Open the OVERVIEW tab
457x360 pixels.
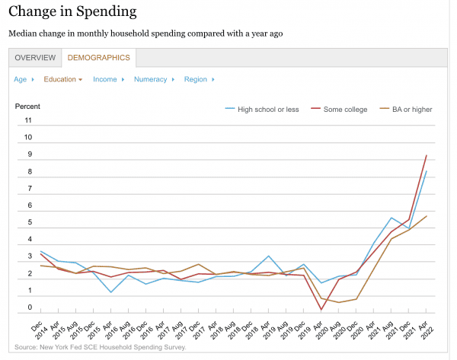coord(35,58)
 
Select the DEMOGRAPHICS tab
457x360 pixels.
coord(98,58)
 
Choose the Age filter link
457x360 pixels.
coord(20,79)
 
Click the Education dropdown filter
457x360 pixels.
coord(62,79)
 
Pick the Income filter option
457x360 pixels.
coord(105,79)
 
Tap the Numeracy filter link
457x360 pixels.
coord(150,79)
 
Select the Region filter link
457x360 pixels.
coord(195,79)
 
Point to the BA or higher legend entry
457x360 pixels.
coord(411,110)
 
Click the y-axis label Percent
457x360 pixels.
coord(27,106)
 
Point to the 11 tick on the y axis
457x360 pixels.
coord(28,120)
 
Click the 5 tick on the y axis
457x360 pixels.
coord(28,223)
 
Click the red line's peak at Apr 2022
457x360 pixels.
coord(427,155)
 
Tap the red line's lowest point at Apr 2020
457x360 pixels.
coord(321,309)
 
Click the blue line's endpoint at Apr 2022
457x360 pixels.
coord(427,171)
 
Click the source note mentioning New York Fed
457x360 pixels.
coord(100,348)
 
